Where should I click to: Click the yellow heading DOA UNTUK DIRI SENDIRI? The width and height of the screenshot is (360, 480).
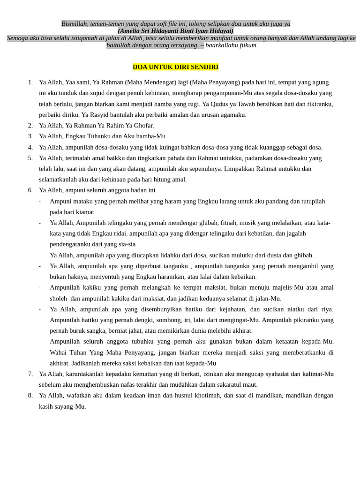(175, 67)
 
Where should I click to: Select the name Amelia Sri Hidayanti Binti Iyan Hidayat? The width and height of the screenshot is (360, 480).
(175, 31)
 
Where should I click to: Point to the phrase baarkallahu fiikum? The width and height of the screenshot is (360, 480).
(231, 45)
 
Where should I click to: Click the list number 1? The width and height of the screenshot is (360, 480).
(30, 82)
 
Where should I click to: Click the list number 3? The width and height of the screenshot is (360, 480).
(30, 136)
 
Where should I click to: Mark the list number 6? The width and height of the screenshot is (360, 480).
(30, 190)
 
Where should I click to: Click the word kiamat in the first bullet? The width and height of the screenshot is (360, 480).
(84, 212)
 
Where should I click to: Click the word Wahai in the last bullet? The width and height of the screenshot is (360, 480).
(60, 352)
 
